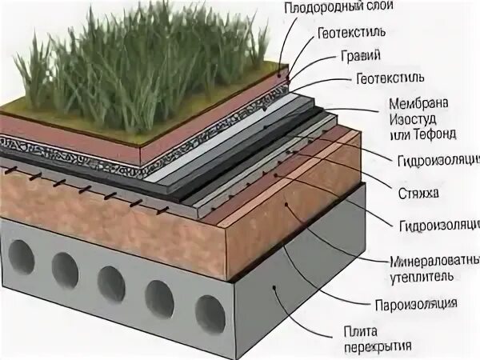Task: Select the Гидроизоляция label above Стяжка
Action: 437,160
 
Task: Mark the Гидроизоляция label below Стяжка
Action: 437,225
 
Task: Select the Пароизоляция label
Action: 416,304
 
